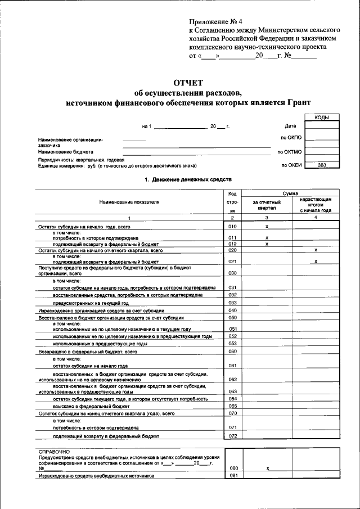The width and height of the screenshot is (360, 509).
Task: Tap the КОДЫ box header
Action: pos(322,117)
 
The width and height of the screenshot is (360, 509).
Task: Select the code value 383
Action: pos(322,165)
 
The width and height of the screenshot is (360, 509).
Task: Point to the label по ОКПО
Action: pos(291,137)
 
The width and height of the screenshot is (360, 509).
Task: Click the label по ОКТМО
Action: pos(289,151)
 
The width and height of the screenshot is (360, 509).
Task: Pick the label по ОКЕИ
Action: pos(291,165)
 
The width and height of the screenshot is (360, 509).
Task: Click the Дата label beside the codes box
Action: pos(290,126)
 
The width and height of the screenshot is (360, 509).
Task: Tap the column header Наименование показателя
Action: pos(129,202)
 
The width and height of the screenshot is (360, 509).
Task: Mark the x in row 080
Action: pos(267,468)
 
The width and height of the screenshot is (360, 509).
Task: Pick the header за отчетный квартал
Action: pos(267,205)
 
